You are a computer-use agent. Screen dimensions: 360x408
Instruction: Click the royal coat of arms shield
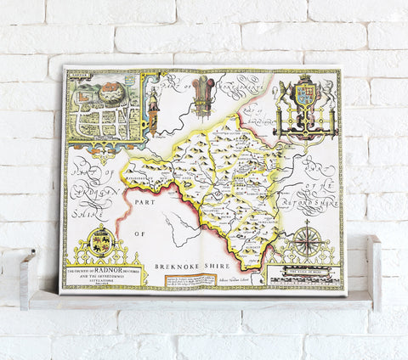click(304, 94)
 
